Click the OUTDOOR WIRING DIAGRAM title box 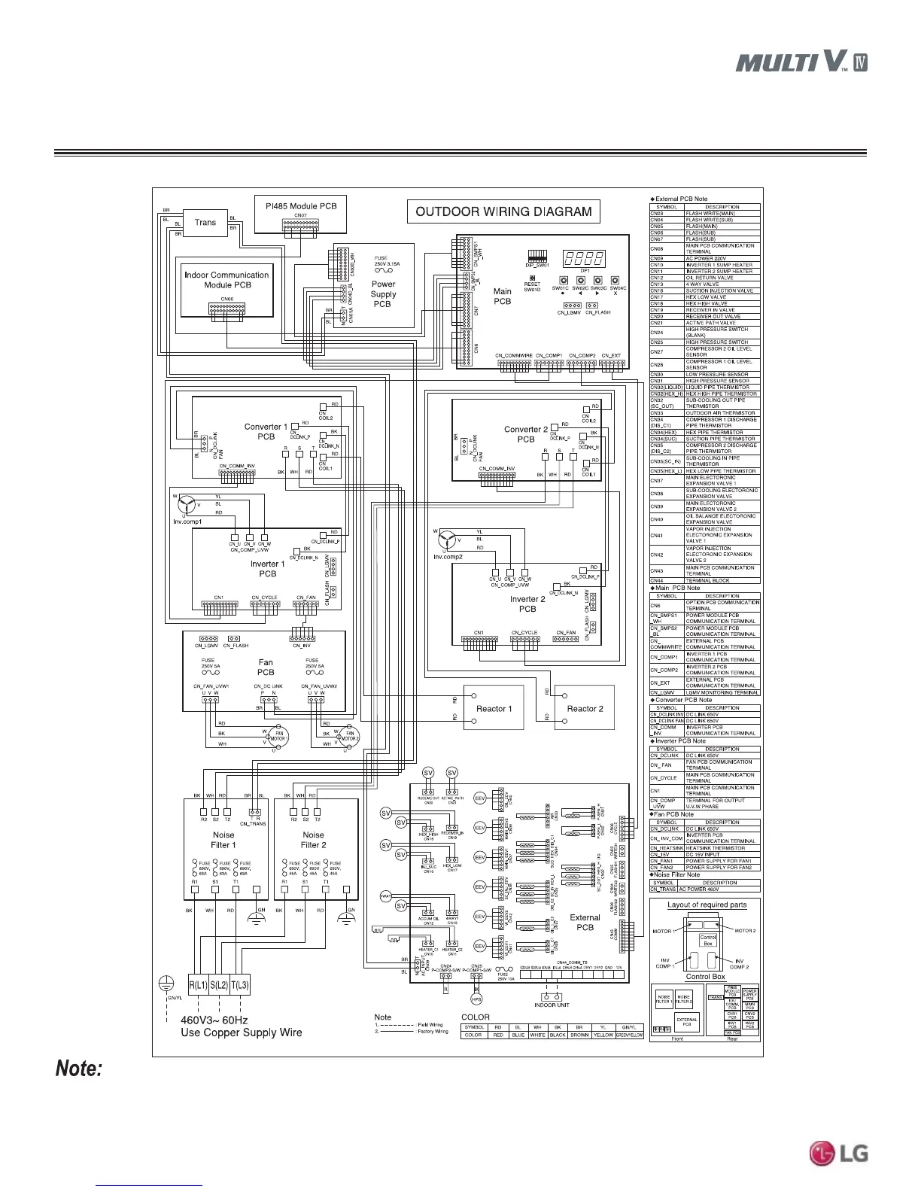pyautogui.click(x=503, y=211)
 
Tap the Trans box pyautogui.click(x=205, y=223)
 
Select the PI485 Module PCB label pyautogui.click(x=301, y=205)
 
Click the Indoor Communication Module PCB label pyautogui.click(x=226, y=280)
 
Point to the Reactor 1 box pyautogui.click(x=494, y=708)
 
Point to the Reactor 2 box pyautogui.click(x=585, y=708)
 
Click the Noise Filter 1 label pyautogui.click(x=223, y=840)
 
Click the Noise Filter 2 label pyautogui.click(x=313, y=840)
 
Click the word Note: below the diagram pyautogui.click(x=78, y=1069)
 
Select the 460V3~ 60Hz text pyautogui.click(x=214, y=1020)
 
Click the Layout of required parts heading pyautogui.click(x=704, y=905)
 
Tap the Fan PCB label pyautogui.click(x=266, y=667)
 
